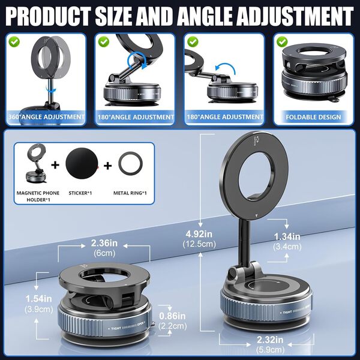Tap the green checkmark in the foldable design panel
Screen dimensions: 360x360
click(x=282, y=42)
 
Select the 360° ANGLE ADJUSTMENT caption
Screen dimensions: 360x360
click(x=46, y=117)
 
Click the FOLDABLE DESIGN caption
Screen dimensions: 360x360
click(x=313, y=117)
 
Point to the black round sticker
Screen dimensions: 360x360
click(x=82, y=163)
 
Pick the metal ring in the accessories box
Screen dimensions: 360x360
click(x=130, y=163)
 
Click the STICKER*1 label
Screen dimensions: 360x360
click(x=80, y=193)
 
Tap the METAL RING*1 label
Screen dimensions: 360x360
click(x=130, y=193)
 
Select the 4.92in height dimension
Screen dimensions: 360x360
click(x=199, y=234)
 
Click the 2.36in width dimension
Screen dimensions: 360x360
click(x=104, y=243)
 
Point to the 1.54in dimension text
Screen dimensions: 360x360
click(x=38, y=299)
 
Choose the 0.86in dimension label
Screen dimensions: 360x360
click(x=172, y=316)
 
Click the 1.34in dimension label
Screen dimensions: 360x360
click(x=287, y=237)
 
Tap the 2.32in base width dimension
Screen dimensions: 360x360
click(x=270, y=340)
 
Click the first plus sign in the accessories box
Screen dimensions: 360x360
click(x=55, y=165)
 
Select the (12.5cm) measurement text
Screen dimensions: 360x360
click(x=199, y=244)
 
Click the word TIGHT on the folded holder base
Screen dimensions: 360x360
click(x=116, y=329)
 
